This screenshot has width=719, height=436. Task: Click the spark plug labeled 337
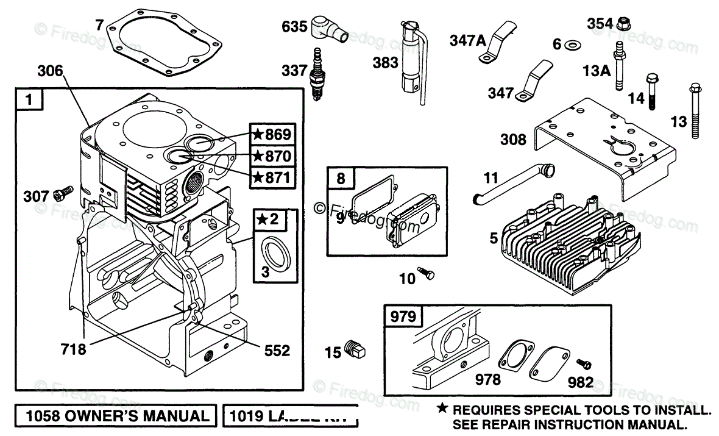(317, 76)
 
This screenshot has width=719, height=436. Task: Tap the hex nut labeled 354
(623, 24)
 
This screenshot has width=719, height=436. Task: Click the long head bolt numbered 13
(696, 113)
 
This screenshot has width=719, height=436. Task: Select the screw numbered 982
(586, 363)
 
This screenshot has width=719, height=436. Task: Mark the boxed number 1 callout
(29, 99)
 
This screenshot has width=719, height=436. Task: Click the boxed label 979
(403, 316)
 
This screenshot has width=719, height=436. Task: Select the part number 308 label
(513, 140)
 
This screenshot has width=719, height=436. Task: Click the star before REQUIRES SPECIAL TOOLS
(442, 409)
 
